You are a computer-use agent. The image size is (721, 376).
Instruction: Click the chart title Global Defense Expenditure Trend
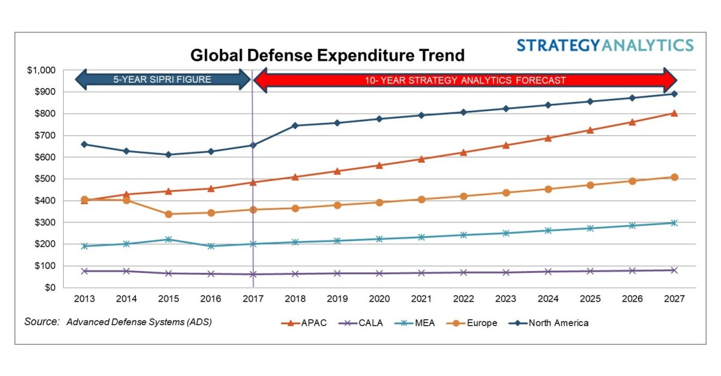(327, 56)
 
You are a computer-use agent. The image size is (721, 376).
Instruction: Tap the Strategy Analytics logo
(605, 46)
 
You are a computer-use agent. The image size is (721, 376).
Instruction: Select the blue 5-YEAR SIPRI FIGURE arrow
(162, 79)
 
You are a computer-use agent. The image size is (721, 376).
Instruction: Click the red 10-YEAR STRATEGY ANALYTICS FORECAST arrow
(466, 80)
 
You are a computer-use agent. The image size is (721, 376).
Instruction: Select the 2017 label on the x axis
(252, 299)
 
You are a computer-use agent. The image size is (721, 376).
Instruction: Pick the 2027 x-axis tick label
(674, 299)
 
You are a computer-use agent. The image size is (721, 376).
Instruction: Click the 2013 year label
(84, 299)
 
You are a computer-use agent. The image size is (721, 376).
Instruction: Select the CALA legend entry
(361, 323)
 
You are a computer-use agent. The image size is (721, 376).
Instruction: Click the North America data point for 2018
(295, 125)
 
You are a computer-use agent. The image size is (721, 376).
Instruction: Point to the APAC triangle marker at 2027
(674, 113)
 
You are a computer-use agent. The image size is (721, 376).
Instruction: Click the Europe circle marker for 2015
(168, 214)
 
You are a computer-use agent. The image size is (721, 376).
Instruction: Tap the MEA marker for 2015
(168, 239)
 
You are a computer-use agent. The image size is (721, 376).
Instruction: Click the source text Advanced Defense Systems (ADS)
(139, 322)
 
